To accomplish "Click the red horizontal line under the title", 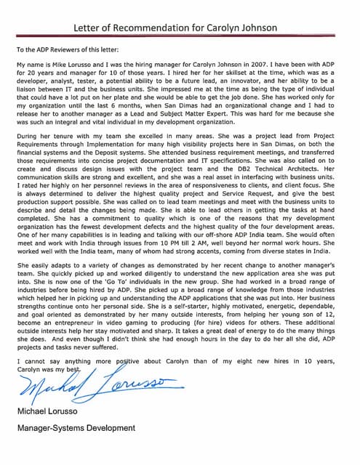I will (180, 37).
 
